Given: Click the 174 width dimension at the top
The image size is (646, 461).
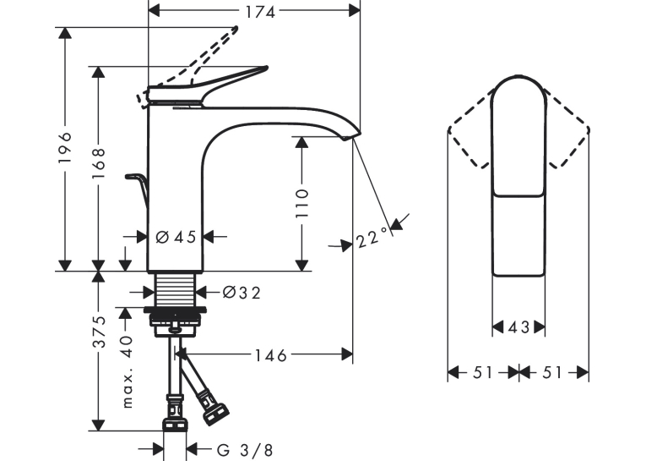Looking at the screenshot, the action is (x=260, y=13).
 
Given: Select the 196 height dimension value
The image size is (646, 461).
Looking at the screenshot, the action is (x=65, y=148).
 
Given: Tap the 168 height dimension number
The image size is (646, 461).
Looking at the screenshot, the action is (x=99, y=164).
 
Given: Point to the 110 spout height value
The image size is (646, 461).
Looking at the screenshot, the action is (x=302, y=204).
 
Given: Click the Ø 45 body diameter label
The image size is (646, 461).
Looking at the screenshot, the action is (x=176, y=237).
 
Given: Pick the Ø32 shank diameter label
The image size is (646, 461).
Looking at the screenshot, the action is (x=242, y=293).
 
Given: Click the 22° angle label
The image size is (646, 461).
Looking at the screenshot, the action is (x=372, y=237).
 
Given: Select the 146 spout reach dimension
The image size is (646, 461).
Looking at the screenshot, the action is (x=270, y=355).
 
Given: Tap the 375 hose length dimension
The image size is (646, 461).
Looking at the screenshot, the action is (x=99, y=332).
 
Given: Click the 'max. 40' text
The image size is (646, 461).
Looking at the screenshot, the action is (x=128, y=371).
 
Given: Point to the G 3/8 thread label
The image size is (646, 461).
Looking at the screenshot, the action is (x=245, y=450).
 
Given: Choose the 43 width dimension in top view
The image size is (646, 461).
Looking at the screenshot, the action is (x=518, y=327).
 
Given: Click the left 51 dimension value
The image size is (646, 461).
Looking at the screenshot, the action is (x=483, y=373).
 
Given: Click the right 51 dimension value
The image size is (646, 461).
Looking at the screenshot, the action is (x=552, y=373).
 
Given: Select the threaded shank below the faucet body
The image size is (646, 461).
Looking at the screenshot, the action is (x=175, y=289).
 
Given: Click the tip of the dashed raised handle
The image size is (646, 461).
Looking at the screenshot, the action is (x=236, y=29).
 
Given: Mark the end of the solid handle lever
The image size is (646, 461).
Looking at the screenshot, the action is (x=266, y=69).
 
